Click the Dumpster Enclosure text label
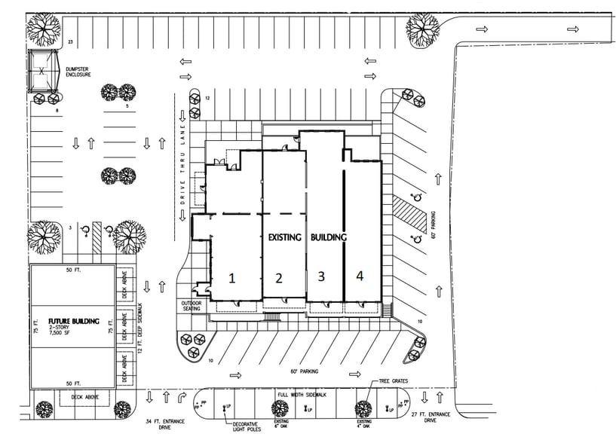point(78,72)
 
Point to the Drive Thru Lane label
point(182,165)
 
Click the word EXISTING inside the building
point(285,237)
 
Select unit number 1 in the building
point(232,277)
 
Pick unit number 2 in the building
point(278,278)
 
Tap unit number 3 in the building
point(321,276)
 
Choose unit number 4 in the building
point(360,276)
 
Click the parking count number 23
point(71,41)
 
